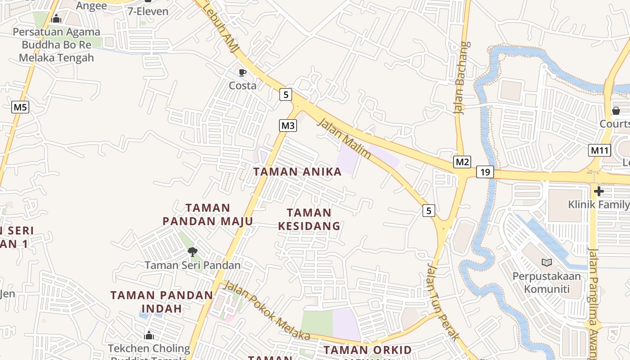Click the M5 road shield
point(20,107)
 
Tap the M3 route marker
point(288,126)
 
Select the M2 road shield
point(462,162)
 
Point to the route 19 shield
point(485,172)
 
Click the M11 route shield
point(599,150)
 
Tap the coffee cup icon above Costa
point(243,72)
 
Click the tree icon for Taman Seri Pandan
point(193,252)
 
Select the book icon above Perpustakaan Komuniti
point(547,262)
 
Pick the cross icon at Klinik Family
point(598,191)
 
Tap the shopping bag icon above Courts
point(616,110)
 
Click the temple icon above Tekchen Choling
point(149,335)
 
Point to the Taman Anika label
point(297,171)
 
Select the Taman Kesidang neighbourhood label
point(309,219)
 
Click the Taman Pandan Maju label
point(208,215)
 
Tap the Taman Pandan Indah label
point(162,302)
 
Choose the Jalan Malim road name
point(344,139)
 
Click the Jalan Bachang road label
point(463,78)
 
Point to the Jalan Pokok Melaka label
point(267,311)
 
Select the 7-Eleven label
point(148,11)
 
